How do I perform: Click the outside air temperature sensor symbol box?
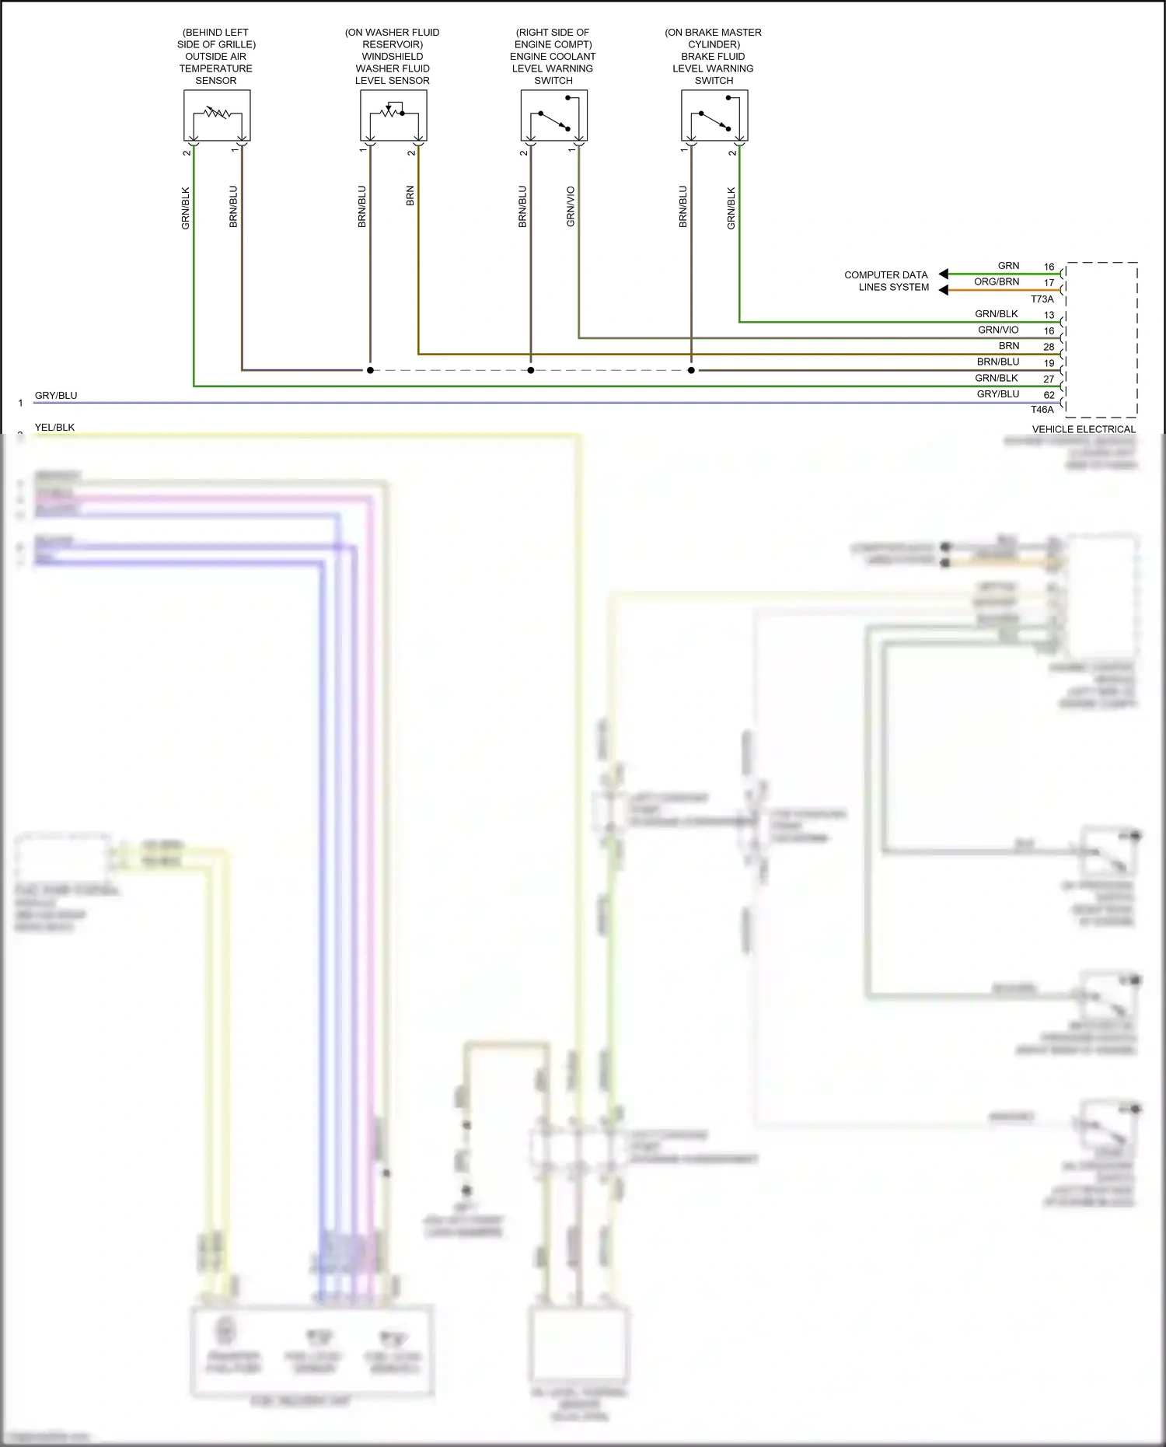pyautogui.click(x=217, y=115)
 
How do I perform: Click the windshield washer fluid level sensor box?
pyautogui.click(x=393, y=115)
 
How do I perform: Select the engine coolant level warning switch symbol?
pyautogui.click(x=553, y=115)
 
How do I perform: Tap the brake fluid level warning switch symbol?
pyautogui.click(x=714, y=115)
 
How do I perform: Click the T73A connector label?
pyautogui.click(x=1042, y=299)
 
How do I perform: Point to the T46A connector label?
pyautogui.click(x=1042, y=410)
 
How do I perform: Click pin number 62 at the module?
pyautogui.click(x=1049, y=395)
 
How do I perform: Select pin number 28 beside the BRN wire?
pyautogui.click(x=1049, y=347)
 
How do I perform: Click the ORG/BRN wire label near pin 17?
pyautogui.click(x=997, y=281)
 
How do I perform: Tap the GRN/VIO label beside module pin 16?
pyautogui.click(x=998, y=330)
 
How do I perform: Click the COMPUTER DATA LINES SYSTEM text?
pyautogui.click(x=886, y=281)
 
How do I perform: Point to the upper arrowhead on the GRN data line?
pyautogui.click(x=944, y=274)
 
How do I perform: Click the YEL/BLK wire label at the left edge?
pyautogui.click(x=54, y=427)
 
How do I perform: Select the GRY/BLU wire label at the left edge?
pyautogui.click(x=56, y=395)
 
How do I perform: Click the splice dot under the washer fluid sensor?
pyautogui.click(x=370, y=370)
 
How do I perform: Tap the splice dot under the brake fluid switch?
pyautogui.click(x=691, y=370)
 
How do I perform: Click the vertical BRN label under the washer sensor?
pyautogui.click(x=410, y=196)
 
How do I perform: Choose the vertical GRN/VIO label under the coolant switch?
pyautogui.click(x=571, y=207)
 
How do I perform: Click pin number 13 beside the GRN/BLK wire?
pyautogui.click(x=1049, y=315)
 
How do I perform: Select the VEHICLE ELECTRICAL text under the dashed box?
pyautogui.click(x=1084, y=429)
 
